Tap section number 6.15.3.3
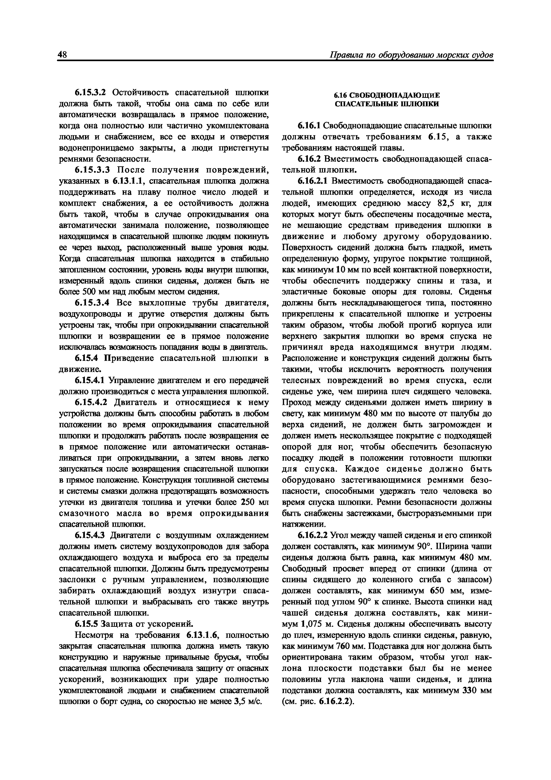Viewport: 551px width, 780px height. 92,170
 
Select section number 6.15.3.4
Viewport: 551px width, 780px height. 92,303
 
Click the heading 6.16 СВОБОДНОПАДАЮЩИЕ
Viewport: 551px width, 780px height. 386,95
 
